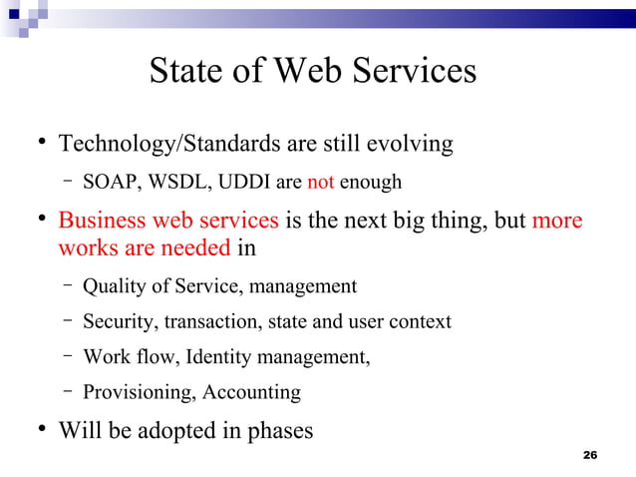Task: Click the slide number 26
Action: pyautogui.click(x=589, y=456)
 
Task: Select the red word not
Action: pyautogui.click(x=320, y=182)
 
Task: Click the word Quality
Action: pyautogui.click(x=113, y=286)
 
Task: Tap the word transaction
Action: pyautogui.click(x=210, y=321)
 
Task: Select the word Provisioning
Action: pyautogui.click(x=138, y=392)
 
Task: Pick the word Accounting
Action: pyautogui.click(x=251, y=392)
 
